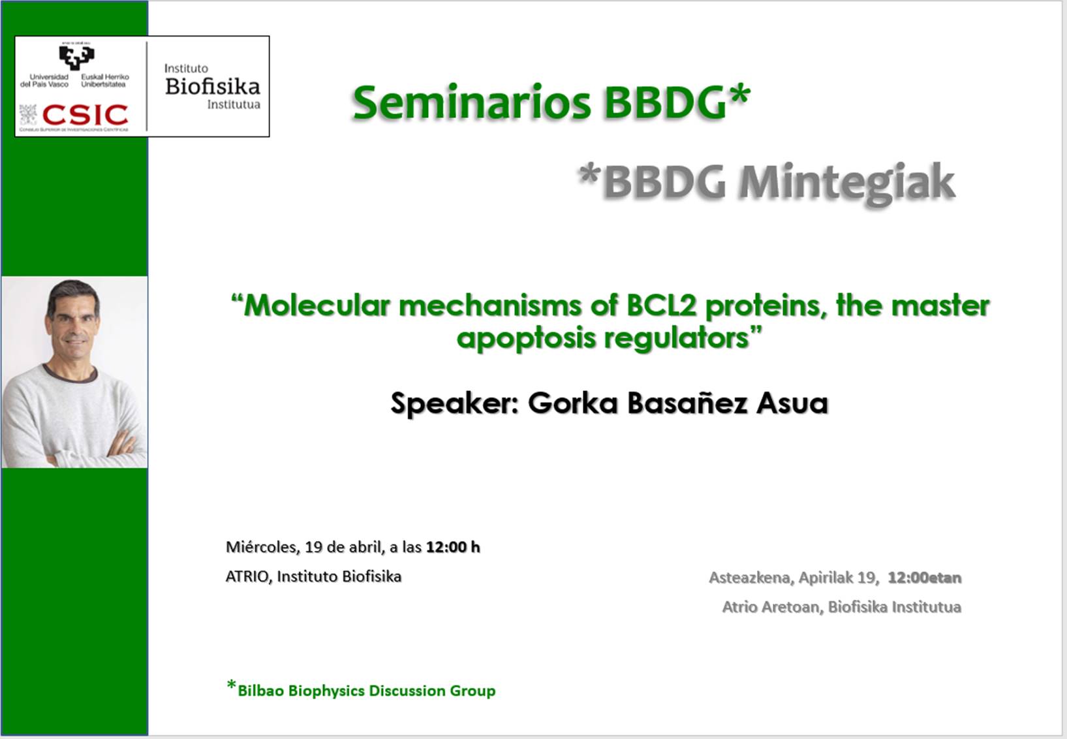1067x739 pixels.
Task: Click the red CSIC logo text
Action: point(85,115)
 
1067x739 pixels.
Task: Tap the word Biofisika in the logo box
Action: point(213,86)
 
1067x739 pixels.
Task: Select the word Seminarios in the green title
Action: point(472,103)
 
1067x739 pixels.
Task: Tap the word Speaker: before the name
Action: point(454,403)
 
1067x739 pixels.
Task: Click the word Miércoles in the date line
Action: point(262,547)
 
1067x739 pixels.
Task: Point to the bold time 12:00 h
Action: point(453,547)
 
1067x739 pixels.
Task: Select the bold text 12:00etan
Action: point(925,578)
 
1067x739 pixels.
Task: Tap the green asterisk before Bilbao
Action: point(232,685)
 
